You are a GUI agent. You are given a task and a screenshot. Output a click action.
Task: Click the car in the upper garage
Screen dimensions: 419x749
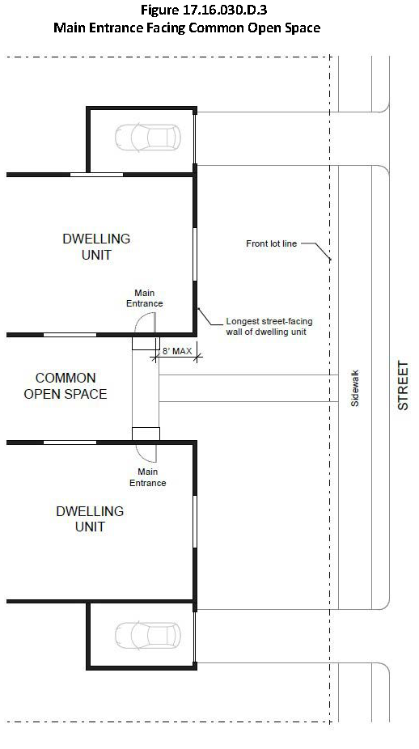148,138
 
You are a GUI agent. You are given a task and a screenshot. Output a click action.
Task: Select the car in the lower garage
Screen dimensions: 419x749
148,636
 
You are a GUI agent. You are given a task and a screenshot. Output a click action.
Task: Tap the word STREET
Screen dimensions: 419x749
404,386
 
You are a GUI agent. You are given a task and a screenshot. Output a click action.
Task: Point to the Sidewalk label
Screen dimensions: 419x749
354,388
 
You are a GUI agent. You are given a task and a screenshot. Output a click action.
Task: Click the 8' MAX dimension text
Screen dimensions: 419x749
176,351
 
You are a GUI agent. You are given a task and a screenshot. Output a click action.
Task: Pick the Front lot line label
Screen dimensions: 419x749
271,243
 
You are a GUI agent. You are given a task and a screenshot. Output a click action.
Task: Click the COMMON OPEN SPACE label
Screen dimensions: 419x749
66,386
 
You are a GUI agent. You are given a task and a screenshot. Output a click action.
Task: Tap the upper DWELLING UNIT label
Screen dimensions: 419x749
96,247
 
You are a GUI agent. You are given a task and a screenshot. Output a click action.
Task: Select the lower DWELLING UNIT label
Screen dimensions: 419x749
90,518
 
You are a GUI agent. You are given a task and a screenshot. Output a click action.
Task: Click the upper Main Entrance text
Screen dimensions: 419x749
144,298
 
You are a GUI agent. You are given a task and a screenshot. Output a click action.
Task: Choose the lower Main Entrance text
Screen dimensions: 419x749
148,477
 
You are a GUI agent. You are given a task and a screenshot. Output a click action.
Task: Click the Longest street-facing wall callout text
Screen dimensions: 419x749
269,327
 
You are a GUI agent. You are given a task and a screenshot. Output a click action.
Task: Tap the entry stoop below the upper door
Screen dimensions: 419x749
146,344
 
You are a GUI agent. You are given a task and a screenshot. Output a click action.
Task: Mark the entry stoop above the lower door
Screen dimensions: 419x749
146,434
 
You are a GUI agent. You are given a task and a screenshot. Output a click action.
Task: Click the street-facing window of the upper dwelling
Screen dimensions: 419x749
195,254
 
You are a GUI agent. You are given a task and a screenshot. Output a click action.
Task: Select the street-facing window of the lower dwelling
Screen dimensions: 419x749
195,521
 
